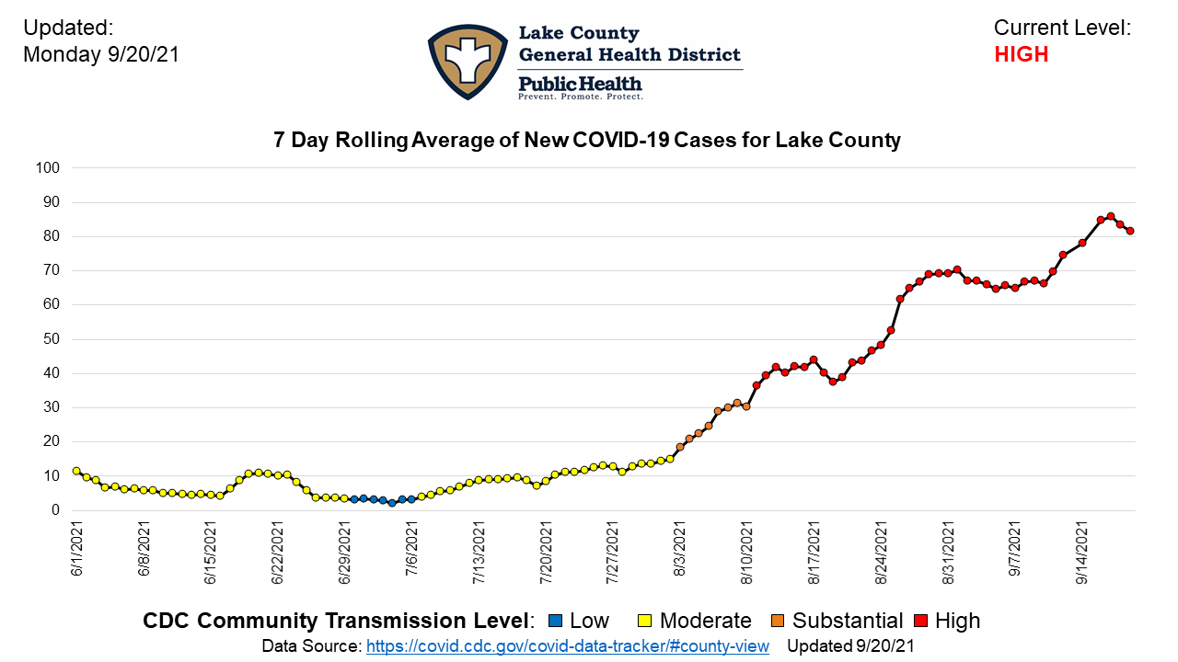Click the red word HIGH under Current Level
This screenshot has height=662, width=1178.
1021,54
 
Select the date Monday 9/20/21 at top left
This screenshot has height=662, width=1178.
100,54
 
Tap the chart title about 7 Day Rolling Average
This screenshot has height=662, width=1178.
587,141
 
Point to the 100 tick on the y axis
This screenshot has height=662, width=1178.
47,168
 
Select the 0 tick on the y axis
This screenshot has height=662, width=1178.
54,510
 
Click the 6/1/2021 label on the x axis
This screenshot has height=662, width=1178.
77,551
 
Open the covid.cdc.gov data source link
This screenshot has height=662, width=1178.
567,646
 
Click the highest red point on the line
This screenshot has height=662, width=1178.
1111,216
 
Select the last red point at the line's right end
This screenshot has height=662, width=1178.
1130,231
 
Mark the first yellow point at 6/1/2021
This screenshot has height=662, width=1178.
76,471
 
